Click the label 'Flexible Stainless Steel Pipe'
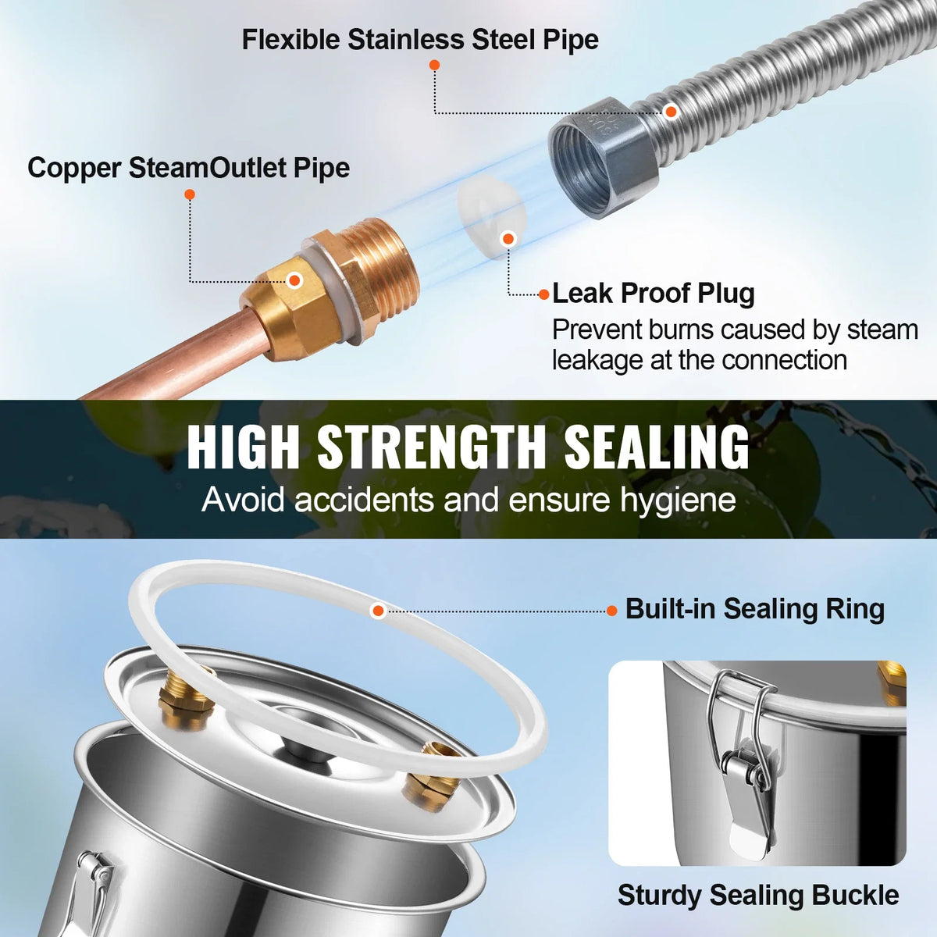point(420,41)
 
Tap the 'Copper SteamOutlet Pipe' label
point(189,168)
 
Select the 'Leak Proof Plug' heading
point(654,294)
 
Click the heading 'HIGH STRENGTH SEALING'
point(468,447)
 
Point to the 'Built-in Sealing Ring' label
point(754,609)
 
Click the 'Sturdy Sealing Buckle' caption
point(758,895)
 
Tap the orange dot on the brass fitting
point(294,280)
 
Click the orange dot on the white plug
point(508,239)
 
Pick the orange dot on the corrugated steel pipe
point(671,112)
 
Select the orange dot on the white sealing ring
point(378,611)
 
